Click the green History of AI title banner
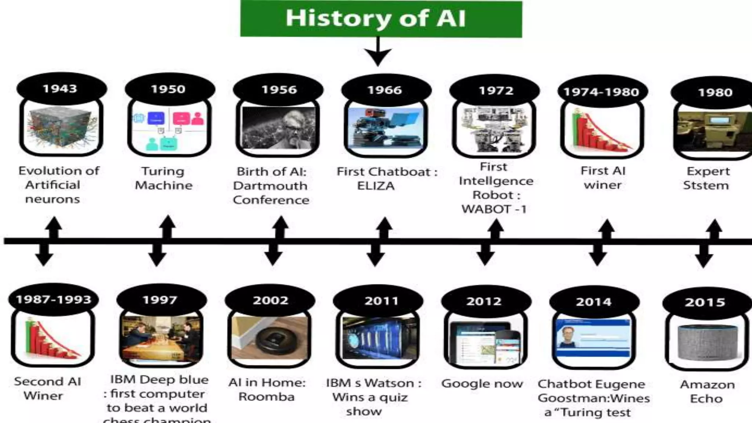[x=381, y=18]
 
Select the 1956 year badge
[x=278, y=90]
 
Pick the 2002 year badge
[x=270, y=300]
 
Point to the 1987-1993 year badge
[x=54, y=300]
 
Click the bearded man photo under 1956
[x=278, y=129]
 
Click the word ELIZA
[x=376, y=186]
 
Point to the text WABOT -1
[x=494, y=209]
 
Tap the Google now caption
[x=482, y=384]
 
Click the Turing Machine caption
[x=163, y=178]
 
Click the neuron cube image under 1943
[x=61, y=129]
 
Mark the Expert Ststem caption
[x=706, y=178]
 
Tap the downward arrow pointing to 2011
[x=375, y=257]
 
